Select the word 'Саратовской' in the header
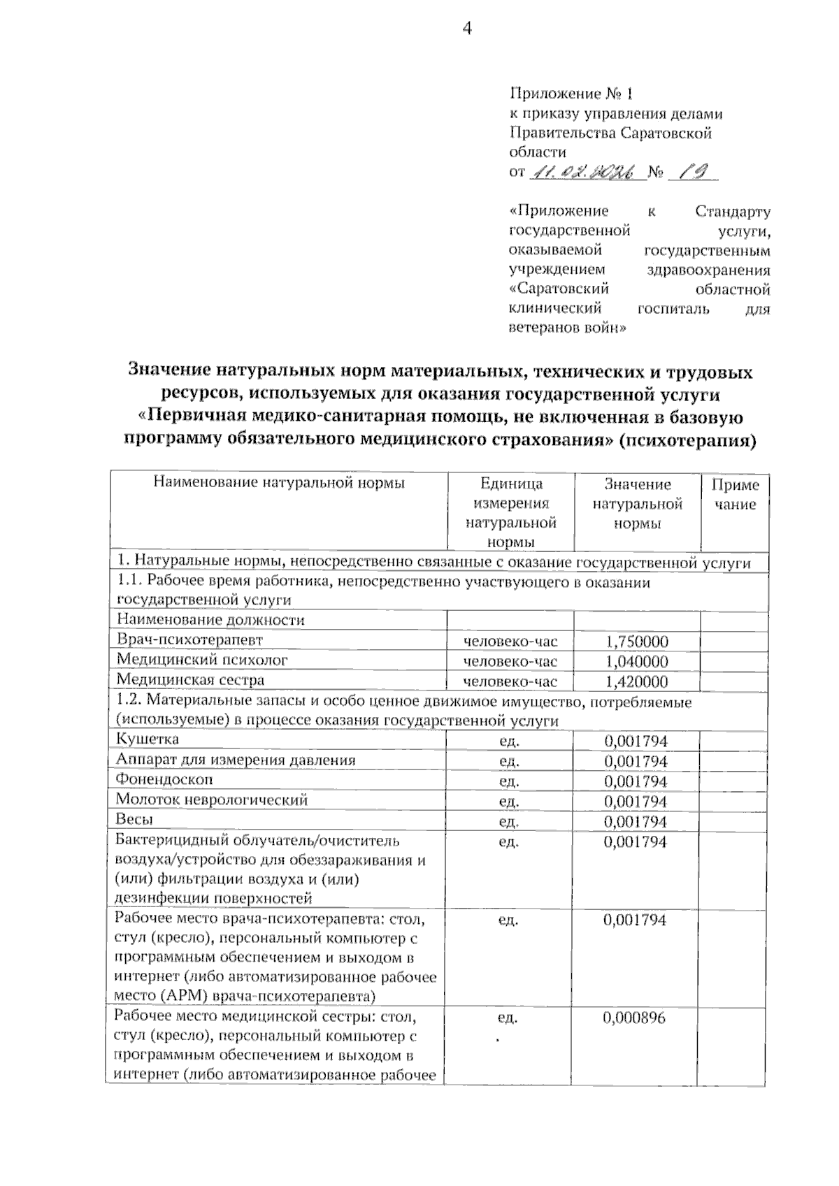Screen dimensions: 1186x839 click(666, 133)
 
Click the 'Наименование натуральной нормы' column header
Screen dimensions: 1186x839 click(278, 482)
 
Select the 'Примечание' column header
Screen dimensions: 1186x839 click(735, 494)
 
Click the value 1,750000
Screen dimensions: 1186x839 click(636, 642)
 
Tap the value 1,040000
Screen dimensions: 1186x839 click(636, 661)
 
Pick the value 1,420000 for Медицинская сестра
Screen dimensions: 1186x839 click(636, 681)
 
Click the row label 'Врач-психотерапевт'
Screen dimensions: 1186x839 click(189, 639)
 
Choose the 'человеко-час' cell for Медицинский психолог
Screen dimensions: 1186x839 click(510, 661)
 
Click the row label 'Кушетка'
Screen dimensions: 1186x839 click(148, 739)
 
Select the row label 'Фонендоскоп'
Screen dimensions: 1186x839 click(164, 779)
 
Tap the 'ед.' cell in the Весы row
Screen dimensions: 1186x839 click(509, 821)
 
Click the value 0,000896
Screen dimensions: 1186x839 click(635, 1018)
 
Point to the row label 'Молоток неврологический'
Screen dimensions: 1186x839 click(212, 800)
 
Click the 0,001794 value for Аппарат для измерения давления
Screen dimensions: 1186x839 click(636, 760)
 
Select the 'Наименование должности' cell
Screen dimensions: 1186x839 click(210, 620)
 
